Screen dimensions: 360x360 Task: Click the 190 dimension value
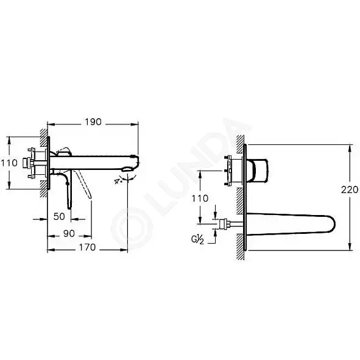click(93, 122)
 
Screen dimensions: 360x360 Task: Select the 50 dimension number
click(59, 216)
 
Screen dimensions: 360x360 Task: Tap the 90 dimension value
click(69, 233)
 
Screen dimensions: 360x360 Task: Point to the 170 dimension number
click(87, 247)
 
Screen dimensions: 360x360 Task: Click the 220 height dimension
click(350, 189)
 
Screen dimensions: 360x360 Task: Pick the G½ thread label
click(197, 239)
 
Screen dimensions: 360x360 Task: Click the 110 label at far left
click(9, 163)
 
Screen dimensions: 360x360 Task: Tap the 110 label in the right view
click(200, 198)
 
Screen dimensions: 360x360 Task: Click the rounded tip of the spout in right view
click(333, 224)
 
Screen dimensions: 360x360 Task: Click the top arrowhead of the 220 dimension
click(350, 147)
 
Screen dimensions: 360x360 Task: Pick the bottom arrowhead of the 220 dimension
click(350, 247)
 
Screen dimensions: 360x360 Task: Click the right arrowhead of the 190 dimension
click(135, 124)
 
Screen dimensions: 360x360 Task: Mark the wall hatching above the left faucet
click(44, 138)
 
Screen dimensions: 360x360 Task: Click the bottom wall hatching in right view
click(241, 247)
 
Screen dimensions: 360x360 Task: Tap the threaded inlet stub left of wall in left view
click(26, 163)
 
